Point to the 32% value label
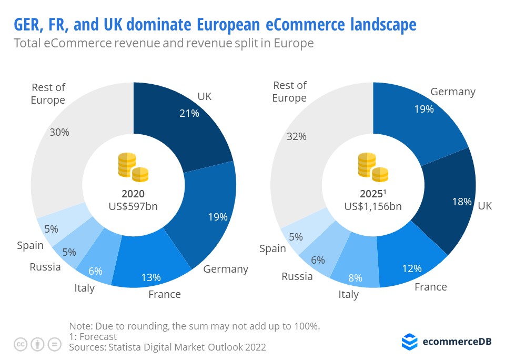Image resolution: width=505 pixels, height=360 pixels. (297, 136)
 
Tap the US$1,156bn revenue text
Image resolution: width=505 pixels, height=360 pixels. (373, 206)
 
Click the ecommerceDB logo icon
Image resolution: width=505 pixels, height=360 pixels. (409, 342)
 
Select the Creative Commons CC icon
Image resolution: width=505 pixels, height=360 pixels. (21, 344)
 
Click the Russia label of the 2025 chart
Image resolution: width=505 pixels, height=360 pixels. (297, 276)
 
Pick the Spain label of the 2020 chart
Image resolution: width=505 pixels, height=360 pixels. (30, 245)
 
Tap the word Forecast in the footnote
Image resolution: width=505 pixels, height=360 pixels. (97, 336)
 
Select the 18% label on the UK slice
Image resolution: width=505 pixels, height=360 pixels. (462, 202)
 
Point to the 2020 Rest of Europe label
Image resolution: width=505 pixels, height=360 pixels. (48, 94)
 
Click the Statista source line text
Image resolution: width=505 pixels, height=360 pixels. (167, 347)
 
